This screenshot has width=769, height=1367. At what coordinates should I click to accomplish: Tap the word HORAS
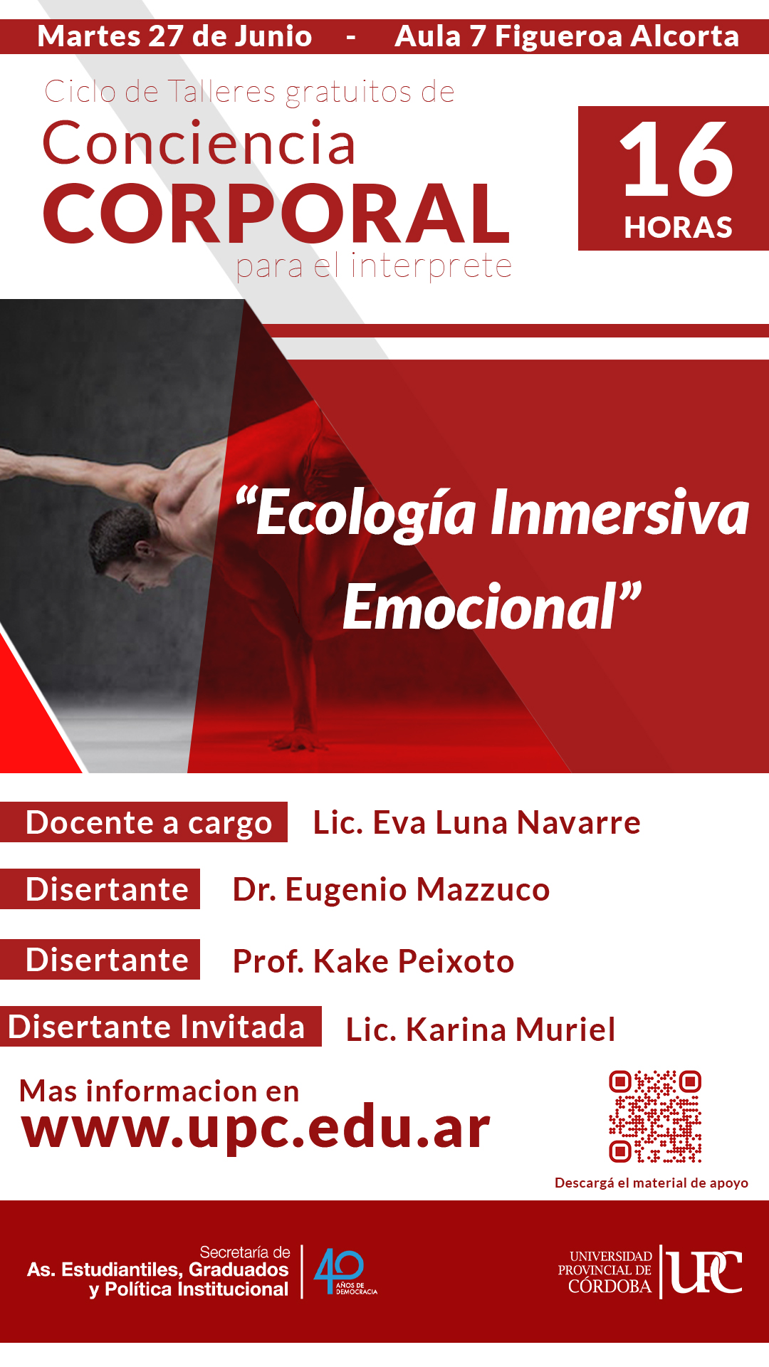tap(678, 228)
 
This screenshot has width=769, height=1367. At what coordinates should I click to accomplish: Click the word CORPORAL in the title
tap(276, 213)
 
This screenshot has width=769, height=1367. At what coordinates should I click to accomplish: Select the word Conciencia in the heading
tap(199, 143)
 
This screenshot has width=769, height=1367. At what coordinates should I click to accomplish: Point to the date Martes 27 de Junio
tap(174, 36)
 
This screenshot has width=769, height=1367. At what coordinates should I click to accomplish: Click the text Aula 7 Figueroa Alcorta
tap(567, 36)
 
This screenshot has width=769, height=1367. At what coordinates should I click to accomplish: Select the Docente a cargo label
tap(149, 822)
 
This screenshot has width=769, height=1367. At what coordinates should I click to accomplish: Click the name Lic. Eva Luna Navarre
tap(476, 822)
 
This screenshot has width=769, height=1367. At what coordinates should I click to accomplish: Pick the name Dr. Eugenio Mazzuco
tap(391, 890)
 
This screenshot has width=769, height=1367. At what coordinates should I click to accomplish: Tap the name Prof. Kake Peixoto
tap(373, 961)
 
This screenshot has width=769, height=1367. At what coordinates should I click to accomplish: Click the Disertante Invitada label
tap(157, 1027)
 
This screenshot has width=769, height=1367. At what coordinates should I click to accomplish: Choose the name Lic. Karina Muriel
tap(481, 1030)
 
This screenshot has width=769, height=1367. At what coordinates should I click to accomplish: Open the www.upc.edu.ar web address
tap(256, 1128)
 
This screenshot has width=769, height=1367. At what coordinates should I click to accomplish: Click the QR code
tap(655, 1116)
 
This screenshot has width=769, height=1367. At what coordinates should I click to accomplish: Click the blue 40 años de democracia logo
tap(345, 1272)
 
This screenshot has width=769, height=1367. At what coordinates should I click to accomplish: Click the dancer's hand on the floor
tap(299, 740)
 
